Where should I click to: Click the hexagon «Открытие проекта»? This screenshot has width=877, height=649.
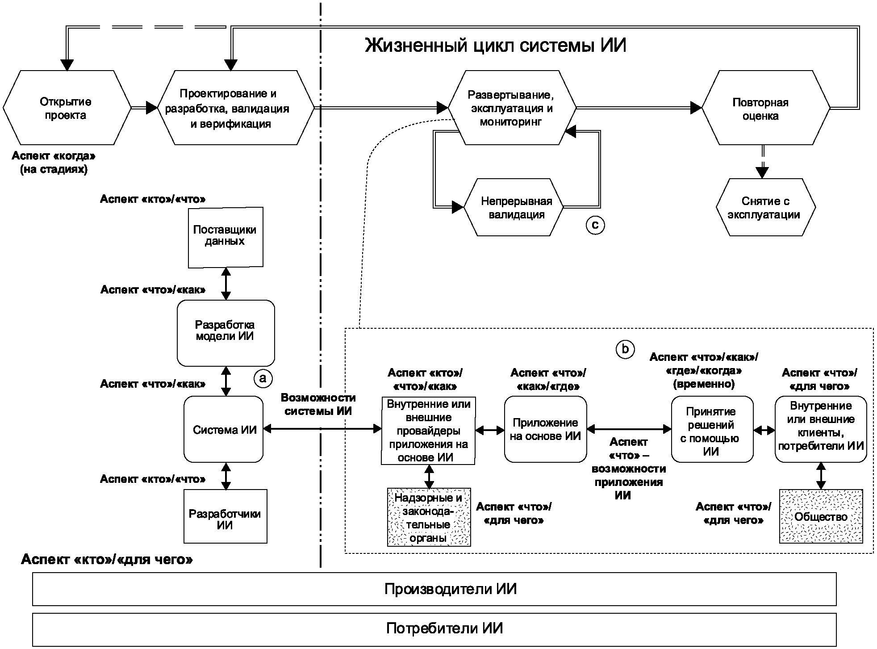point(66,108)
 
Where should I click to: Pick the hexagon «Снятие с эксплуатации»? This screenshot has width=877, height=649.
point(765,208)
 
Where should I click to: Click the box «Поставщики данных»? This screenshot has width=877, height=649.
point(225,237)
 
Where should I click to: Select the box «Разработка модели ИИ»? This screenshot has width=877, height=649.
point(226,333)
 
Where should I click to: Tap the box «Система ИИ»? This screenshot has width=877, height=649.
point(224,430)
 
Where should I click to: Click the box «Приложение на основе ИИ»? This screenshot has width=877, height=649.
point(545,429)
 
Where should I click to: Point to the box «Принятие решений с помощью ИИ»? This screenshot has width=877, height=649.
point(712,430)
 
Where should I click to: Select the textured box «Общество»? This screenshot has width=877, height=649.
point(821,516)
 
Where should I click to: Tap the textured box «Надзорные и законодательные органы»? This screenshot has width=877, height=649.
point(429,517)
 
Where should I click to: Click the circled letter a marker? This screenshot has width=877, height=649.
point(263,378)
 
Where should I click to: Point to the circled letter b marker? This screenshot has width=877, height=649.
point(625,349)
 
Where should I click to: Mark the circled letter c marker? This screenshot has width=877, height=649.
point(595,225)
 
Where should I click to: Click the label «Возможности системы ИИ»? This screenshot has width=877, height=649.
point(318,405)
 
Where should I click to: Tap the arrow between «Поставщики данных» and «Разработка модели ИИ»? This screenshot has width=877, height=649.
point(226,284)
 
